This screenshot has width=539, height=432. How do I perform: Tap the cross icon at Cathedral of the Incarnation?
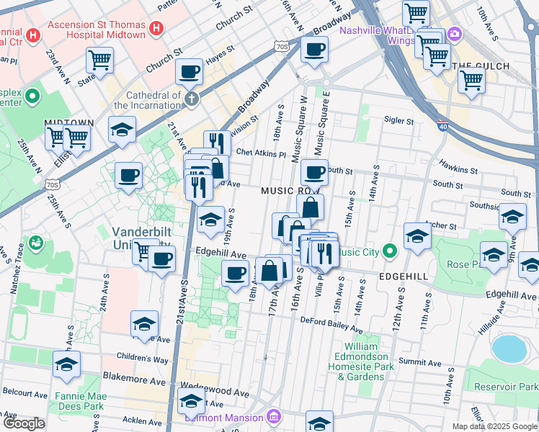pos(192,99)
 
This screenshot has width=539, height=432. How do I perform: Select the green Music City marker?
pos(390,251)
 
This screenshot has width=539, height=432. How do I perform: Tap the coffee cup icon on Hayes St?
pos(189,72)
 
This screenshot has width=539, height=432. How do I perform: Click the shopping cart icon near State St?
pos(99,60)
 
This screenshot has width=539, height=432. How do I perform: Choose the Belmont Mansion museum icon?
pos(273,417)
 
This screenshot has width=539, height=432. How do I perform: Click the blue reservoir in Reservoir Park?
pos(510,348)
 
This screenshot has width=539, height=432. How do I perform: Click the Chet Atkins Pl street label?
pos(262,153)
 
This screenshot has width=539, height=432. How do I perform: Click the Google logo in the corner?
pos(23,423)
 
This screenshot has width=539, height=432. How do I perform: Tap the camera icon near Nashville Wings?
pos(455,33)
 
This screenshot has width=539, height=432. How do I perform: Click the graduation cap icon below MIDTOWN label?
pos(122,130)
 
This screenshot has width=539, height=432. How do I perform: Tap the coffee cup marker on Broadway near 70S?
pos(314,50)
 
